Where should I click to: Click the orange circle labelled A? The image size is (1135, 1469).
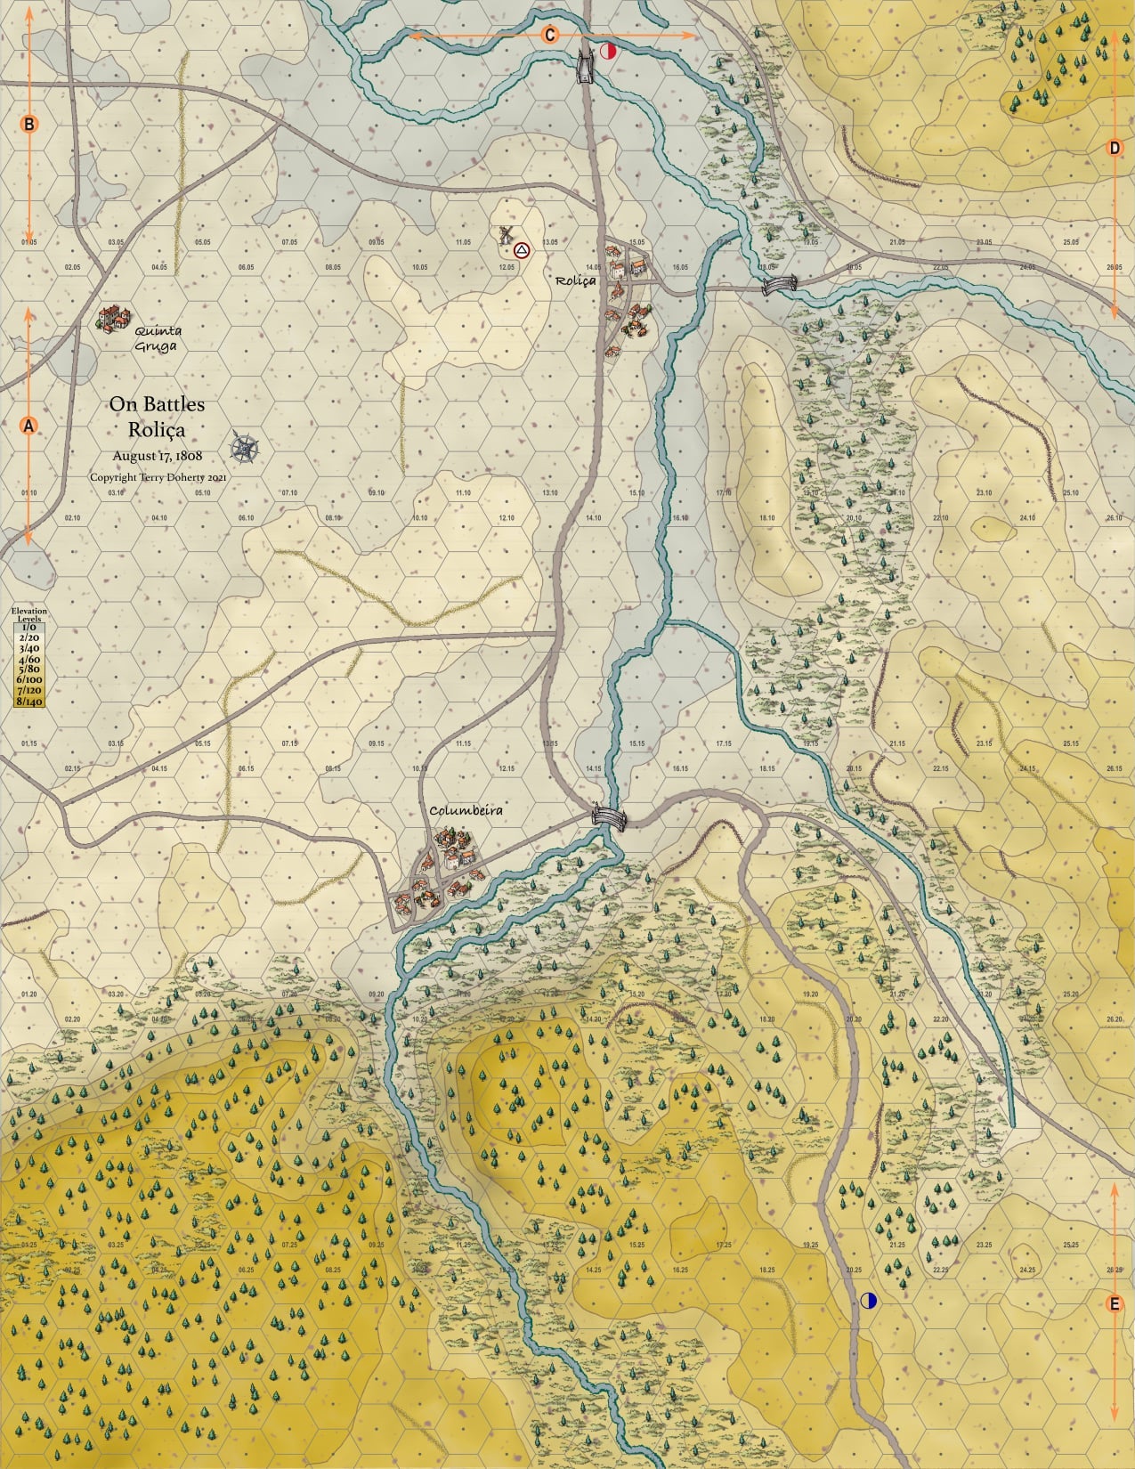[28, 426]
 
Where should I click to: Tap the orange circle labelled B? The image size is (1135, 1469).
[28, 125]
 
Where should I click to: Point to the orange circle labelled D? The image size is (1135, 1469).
[1115, 148]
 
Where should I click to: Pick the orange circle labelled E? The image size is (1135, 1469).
[1113, 1304]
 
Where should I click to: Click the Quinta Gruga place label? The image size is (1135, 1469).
[157, 339]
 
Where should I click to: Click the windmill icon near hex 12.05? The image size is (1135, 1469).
[506, 235]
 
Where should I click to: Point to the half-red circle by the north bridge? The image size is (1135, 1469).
[609, 51]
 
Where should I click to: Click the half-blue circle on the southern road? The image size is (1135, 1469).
[869, 1301]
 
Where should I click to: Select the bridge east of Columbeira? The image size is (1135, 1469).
[608, 816]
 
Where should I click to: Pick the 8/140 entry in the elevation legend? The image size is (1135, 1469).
[28, 702]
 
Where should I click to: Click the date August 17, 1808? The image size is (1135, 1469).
[158, 455]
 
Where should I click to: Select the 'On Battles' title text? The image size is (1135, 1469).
[157, 404]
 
